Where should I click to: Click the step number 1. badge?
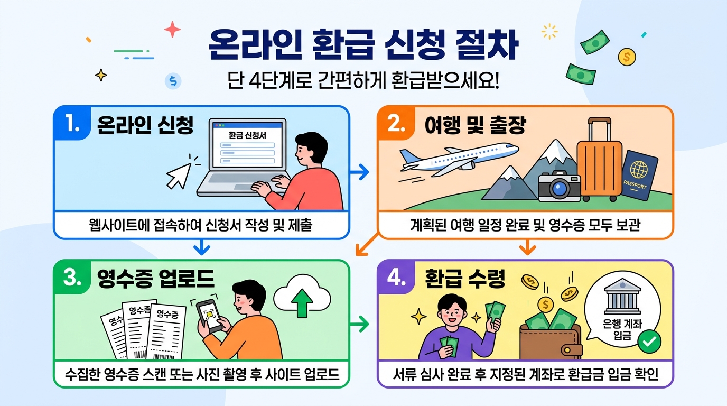coord(71,125)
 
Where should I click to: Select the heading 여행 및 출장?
coord(475,125)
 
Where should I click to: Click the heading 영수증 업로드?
coord(155,279)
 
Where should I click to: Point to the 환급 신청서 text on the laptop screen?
coord(247,135)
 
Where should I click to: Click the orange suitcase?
coord(599,162)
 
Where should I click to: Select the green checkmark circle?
coord(649,342)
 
